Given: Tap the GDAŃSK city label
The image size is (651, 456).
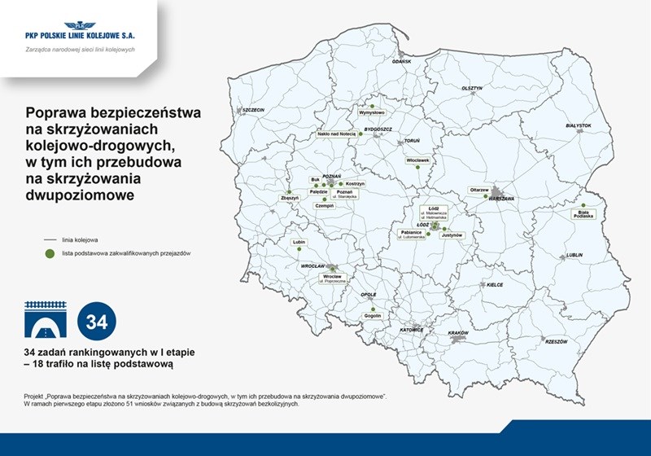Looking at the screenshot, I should [x=402, y=62].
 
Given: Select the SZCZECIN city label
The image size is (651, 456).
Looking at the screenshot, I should [x=254, y=110].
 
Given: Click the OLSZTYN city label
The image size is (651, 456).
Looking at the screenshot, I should [x=472, y=88].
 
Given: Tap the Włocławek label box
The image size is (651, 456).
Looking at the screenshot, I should [x=417, y=160].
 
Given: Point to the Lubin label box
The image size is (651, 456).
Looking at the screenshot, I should [x=299, y=242].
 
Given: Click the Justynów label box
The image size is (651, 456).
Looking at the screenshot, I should [x=452, y=235].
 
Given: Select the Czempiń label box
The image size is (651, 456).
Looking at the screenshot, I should [x=325, y=206].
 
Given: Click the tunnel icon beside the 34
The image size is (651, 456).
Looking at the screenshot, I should [x=46, y=322].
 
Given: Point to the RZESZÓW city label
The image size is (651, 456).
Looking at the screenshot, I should [x=556, y=341].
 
